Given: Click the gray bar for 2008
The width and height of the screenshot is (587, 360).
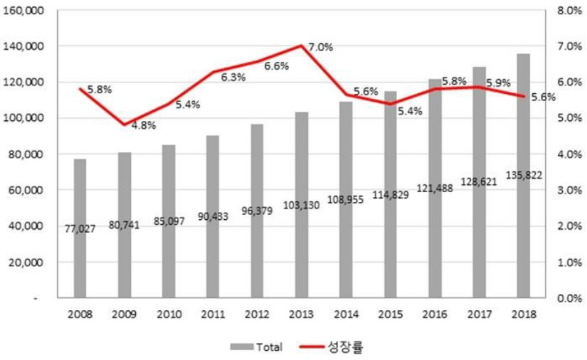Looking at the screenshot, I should coord(80,228).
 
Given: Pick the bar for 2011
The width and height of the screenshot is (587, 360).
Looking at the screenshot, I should coord(213,216).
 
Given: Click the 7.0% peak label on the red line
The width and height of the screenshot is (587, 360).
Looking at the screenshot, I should coord(320,48).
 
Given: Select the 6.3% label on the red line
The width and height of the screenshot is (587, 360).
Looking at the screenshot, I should coord(233,77).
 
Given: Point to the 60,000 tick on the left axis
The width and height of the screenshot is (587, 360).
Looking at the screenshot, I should coord(27,190).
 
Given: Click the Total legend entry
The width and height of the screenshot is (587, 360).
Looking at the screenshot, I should coord(256,347).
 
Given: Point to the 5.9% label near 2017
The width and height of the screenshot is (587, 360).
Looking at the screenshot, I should coord(498,83).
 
